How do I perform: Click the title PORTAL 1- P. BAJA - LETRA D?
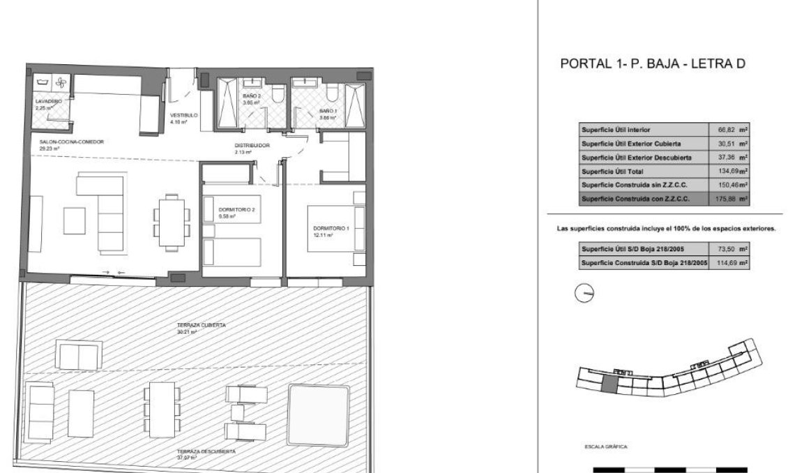point(653,64)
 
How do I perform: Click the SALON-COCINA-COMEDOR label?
point(72,142)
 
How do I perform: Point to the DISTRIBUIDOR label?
point(252,146)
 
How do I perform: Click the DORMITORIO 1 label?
point(329,229)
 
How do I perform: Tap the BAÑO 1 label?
point(328,111)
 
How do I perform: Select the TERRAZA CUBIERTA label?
point(202,326)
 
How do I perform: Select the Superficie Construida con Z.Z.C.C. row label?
point(635,199)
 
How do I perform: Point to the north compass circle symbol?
point(583,294)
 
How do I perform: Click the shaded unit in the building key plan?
point(609,381)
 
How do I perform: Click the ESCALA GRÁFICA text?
point(607,444)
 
